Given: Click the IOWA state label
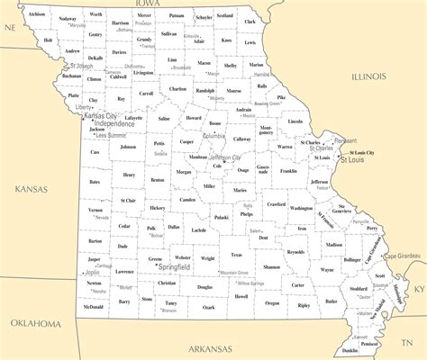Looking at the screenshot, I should point(141,4).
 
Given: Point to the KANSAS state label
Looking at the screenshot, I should point(30,189).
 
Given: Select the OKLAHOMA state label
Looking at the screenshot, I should point(36,322).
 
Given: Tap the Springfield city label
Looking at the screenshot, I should point(173,267).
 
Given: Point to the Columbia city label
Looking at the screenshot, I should point(214,136).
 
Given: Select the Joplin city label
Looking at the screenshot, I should point(94,271).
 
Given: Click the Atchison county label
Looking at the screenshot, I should point(36,14).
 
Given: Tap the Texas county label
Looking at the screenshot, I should point(236,255).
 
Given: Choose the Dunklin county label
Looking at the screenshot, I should point(350,350).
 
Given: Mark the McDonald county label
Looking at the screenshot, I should point(93,306).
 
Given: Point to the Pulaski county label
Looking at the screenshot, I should point(222,217).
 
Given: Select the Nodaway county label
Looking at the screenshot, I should point(67,18).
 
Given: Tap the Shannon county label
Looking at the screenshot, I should point(271,266).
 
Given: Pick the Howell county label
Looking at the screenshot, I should point(241,295).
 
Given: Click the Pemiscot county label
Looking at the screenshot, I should point(369,343).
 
